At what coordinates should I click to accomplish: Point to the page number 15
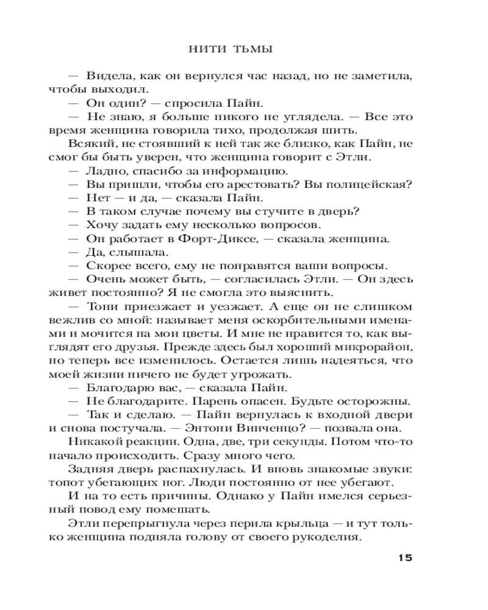point(405,558)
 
